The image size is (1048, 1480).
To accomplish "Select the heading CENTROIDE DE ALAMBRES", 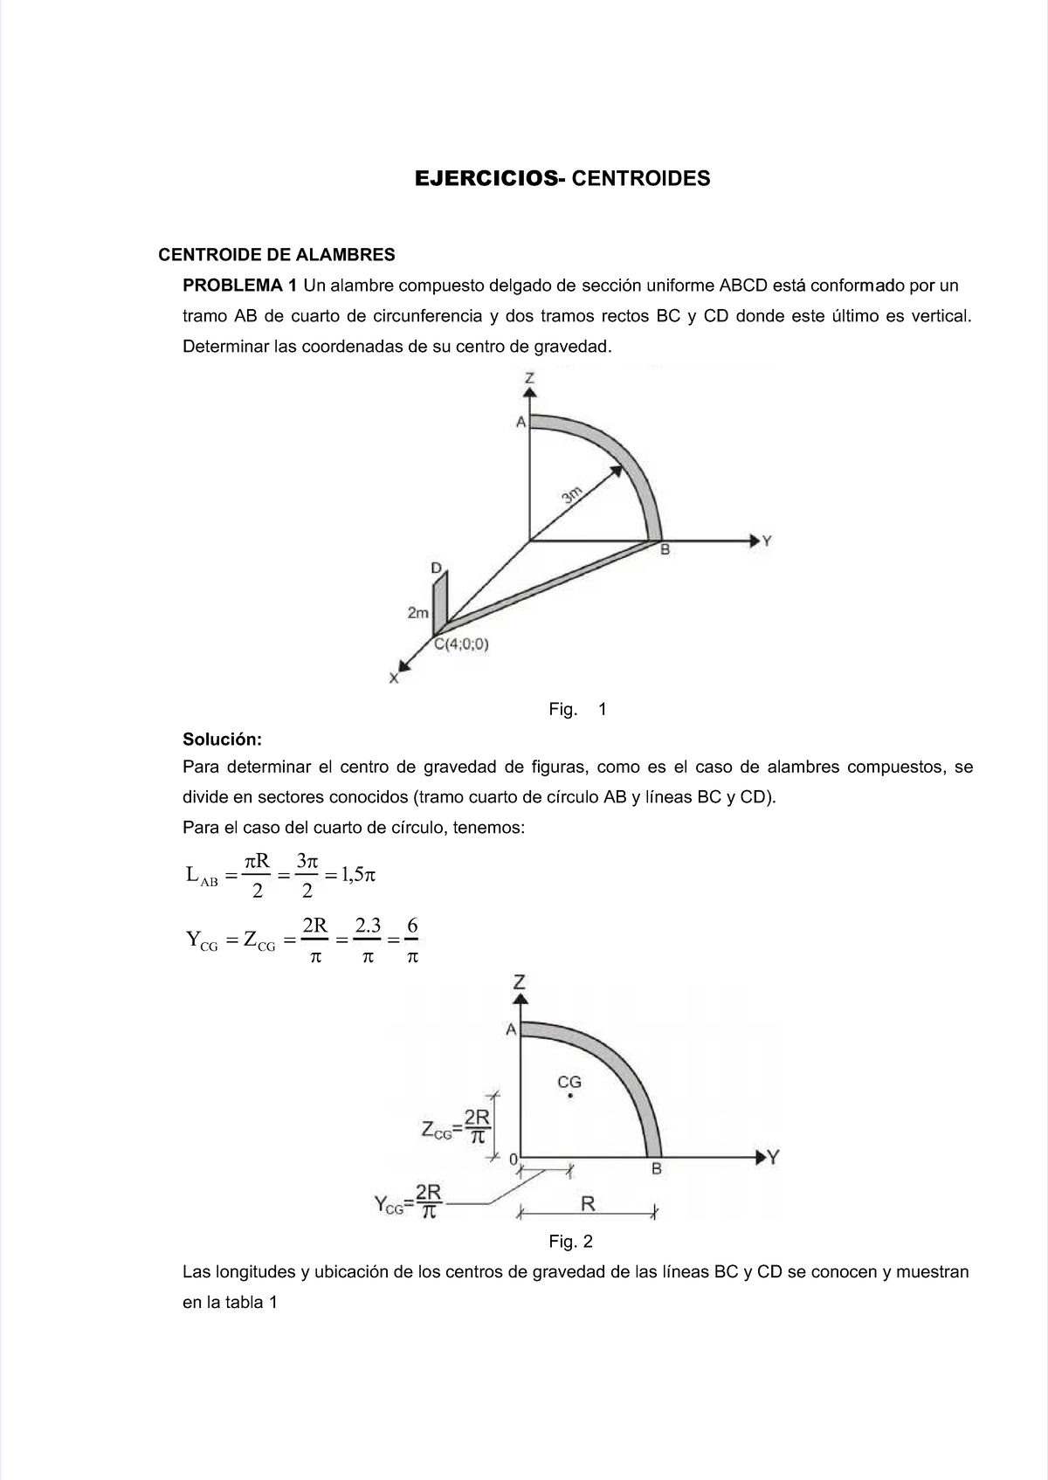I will pos(276,255).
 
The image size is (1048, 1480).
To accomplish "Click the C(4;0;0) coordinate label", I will pos(462,645).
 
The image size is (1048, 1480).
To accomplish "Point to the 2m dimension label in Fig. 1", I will pos(418,613).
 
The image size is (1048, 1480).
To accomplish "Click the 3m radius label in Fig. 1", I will pos(572,495).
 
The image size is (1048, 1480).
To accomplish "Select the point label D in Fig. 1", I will pos(436,568).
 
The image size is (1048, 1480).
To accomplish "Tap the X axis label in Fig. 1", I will pos(394,678).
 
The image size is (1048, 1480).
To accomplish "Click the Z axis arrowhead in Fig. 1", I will pos(529,393).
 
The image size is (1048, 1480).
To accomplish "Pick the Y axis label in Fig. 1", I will pos(767,541).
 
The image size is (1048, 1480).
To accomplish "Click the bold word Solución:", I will pos(222,739).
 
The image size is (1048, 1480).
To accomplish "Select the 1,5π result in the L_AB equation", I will pos(357,874).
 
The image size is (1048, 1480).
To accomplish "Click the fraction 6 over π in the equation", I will pos(412,940).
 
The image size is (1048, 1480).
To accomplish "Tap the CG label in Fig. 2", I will pos(569,1083).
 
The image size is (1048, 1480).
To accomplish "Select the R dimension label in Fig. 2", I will pos(588,1204).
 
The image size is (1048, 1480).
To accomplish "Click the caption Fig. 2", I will pos(570,1241).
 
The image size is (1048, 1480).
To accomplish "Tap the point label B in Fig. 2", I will pos(657,1169).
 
